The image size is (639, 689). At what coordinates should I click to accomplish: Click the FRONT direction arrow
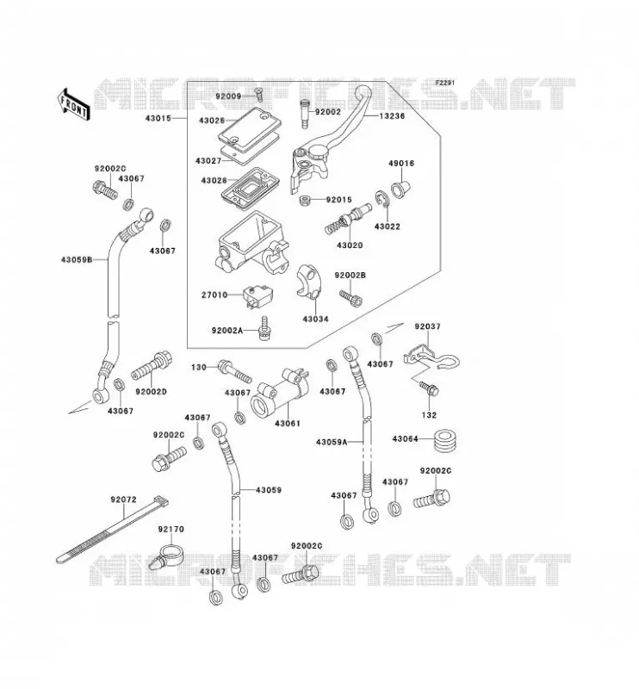[x=73, y=104]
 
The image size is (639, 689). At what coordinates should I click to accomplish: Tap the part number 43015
[x=158, y=118]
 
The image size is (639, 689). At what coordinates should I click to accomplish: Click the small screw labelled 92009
[x=258, y=94]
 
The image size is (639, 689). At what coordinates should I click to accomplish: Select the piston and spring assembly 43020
[x=347, y=220]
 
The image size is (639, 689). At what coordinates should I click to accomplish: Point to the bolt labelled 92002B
[x=351, y=298]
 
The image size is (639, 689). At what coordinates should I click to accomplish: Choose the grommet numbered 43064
[x=444, y=440]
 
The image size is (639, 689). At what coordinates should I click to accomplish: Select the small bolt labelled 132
[x=429, y=388]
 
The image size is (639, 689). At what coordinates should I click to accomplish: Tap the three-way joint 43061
[x=279, y=392]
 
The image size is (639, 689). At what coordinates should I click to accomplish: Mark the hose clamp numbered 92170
[x=165, y=556]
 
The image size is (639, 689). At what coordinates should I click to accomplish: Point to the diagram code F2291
[x=444, y=83]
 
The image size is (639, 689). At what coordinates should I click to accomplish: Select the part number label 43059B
[x=77, y=260]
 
